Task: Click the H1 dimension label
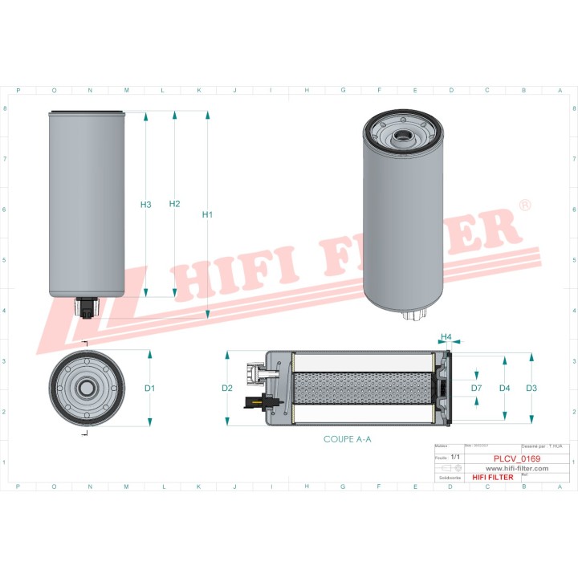click(207, 214)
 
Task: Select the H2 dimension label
click(174, 204)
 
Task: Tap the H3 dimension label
click(145, 205)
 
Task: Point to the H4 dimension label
click(447, 336)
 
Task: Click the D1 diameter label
click(149, 389)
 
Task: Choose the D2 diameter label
click(227, 389)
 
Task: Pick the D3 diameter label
click(531, 389)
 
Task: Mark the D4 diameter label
click(504, 389)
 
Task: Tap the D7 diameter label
click(476, 389)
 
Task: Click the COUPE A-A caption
click(347, 439)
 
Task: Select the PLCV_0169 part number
click(515, 459)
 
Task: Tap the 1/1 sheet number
click(456, 456)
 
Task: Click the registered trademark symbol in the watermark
click(525, 206)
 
